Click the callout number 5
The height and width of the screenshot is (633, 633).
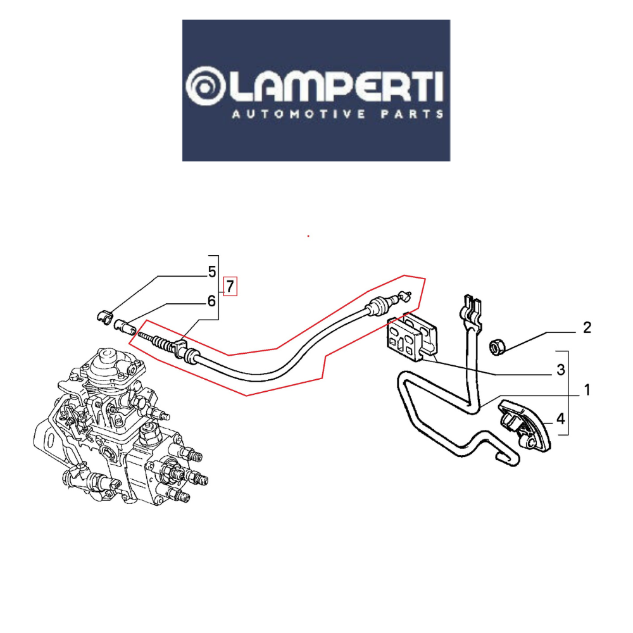[212, 272]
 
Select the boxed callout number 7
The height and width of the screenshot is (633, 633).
[230, 286]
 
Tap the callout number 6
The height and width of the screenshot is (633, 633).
[211, 301]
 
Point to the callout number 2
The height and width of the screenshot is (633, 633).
[587, 327]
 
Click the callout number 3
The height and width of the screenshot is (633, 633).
[560, 370]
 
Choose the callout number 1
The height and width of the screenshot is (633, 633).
[587, 390]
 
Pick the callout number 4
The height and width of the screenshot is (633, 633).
[560, 419]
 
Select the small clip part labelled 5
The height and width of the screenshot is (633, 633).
[104, 316]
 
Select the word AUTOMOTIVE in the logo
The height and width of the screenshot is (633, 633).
[299, 115]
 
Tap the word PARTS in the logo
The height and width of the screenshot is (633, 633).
[412, 115]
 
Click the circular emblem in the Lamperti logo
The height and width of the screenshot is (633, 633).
[205, 86]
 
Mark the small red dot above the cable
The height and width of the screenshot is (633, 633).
[308, 235]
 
